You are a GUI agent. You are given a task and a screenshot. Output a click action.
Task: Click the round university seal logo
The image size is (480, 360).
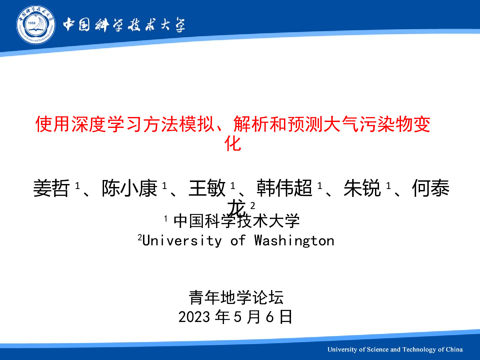(36, 24)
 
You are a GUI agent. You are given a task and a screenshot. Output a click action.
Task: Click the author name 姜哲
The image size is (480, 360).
(51, 188)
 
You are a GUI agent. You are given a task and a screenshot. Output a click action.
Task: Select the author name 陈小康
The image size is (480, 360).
(129, 188)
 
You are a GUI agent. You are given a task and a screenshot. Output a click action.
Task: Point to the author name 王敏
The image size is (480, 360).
(207, 188)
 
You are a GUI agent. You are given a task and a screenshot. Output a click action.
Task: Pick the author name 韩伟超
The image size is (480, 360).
(284, 188)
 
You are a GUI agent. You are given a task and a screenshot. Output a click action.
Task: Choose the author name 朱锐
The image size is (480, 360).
(362, 188)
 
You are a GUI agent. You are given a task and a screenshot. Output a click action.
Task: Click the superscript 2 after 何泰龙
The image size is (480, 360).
(253, 206)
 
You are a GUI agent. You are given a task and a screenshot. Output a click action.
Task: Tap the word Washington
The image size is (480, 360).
(294, 241)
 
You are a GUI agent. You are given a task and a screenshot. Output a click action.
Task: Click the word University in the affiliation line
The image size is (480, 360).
(182, 241)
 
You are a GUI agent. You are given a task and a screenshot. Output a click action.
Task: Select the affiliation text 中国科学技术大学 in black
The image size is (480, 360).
(236, 221)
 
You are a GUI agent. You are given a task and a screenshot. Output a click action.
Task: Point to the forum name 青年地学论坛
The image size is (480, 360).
(236, 297)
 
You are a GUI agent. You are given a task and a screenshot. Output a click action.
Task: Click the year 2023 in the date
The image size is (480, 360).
(194, 317)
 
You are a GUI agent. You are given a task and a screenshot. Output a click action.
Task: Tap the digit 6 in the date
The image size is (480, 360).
(270, 317)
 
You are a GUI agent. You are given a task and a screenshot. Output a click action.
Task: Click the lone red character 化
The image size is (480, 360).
(233, 144)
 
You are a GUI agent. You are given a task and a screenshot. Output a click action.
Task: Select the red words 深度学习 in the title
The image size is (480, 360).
(106, 124)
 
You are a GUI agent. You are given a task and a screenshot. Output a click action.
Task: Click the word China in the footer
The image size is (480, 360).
(454, 349)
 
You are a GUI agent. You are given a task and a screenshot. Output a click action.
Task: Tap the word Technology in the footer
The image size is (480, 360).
(418, 350)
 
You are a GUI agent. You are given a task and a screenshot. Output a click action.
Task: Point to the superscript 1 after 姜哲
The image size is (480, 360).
(77, 186)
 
